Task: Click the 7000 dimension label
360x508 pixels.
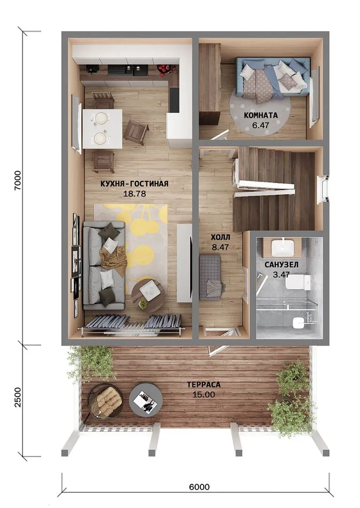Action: pos(17,180)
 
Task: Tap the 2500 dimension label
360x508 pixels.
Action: pos(17,397)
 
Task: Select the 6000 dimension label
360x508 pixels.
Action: pos(199,487)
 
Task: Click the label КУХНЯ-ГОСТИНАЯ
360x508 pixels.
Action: pos(135,184)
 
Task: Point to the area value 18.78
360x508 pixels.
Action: pos(135,194)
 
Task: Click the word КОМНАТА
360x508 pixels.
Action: pos(261,115)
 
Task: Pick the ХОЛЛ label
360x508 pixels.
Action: pos(220,238)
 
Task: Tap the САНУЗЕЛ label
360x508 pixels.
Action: pos(281,265)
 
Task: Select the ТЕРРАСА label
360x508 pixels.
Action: pos(203,385)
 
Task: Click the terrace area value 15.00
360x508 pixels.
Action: pos(203,395)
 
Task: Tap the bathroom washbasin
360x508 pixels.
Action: pos(283,247)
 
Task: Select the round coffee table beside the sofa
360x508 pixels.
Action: pos(148,295)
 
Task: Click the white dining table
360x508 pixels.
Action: pos(103,128)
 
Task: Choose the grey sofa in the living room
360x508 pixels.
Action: pos(104,265)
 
